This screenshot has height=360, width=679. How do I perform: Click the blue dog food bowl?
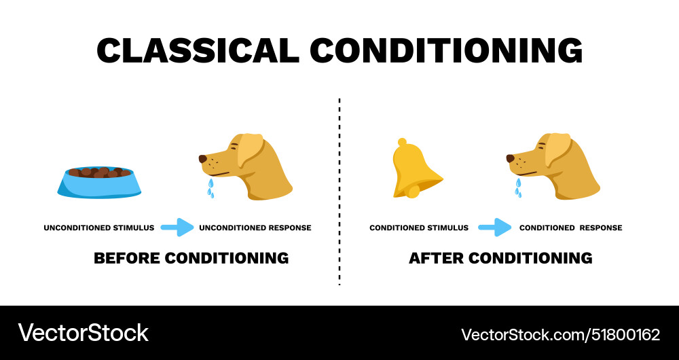point(99,183)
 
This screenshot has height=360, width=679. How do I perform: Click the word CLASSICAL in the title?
point(198,50)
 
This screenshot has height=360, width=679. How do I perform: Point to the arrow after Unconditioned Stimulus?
point(177,228)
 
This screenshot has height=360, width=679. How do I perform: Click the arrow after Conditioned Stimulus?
point(494,228)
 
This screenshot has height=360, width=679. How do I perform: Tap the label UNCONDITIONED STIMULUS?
point(99,228)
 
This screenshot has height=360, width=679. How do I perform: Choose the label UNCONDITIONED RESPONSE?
point(255,228)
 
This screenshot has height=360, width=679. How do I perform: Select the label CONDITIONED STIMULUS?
point(419,228)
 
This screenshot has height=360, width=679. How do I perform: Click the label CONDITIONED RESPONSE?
point(570,228)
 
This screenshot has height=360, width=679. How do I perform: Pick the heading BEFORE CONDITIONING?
point(191,258)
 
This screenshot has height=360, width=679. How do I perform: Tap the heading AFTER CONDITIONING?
point(500,258)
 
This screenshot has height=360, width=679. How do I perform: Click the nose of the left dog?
point(203,159)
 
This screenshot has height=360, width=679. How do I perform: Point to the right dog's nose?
point(511,159)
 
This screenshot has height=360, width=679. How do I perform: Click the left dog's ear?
point(250,149)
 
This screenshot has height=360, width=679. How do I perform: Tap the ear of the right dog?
point(557,149)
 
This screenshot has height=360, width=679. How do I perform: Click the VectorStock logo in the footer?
point(83,333)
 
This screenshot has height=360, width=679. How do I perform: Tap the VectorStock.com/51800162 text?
point(560,334)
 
